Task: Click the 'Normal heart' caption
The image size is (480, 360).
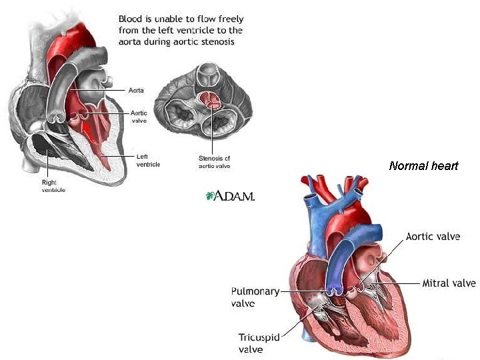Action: [x=423, y=166]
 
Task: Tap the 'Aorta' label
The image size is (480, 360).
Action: [x=136, y=90]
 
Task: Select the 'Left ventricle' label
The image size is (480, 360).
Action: [x=147, y=160]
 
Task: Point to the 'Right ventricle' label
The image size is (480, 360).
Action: [x=54, y=185]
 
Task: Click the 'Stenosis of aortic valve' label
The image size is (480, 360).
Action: [x=214, y=162]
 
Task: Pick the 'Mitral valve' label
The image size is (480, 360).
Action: [x=449, y=283]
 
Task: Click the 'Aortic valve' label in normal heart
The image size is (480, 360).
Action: [x=433, y=237]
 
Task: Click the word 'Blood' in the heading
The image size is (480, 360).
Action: [x=133, y=19]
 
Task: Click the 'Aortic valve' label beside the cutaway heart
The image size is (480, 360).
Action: [x=139, y=117]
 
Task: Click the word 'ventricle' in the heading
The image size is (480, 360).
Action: [x=199, y=31]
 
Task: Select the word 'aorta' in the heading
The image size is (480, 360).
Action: [x=133, y=42]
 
